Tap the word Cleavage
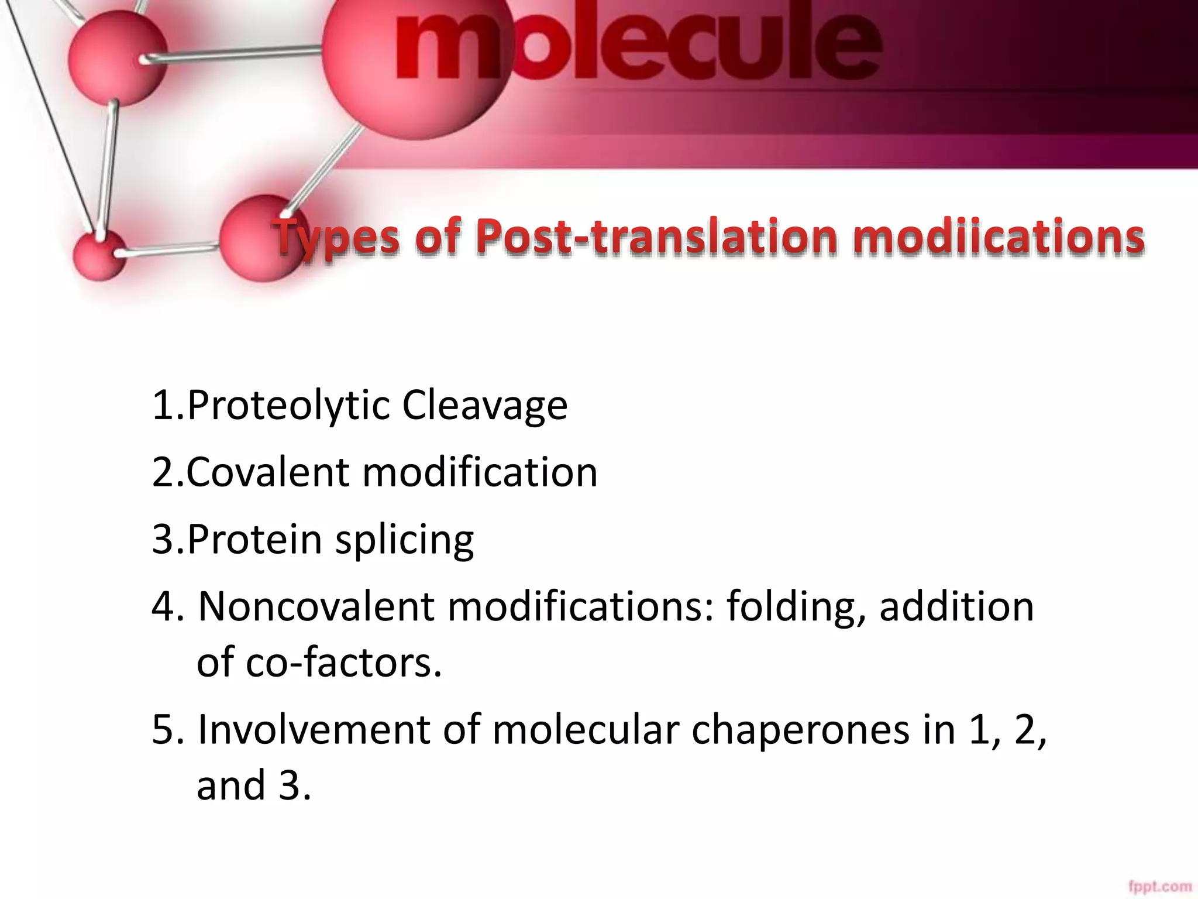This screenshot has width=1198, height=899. coord(485,405)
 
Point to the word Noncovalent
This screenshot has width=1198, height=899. coord(316,606)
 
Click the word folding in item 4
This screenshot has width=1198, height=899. coord(796,607)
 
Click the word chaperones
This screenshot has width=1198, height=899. coord(801,730)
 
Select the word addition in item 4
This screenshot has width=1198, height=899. coord(956,606)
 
